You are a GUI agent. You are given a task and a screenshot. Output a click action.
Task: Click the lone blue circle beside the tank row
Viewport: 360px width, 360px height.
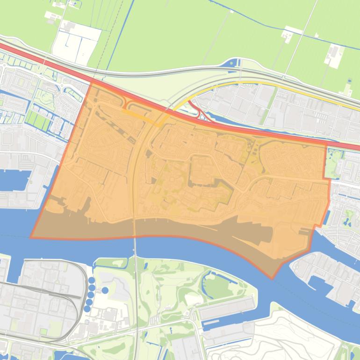105,290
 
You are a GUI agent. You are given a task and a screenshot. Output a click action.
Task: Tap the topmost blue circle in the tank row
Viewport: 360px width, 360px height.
92,281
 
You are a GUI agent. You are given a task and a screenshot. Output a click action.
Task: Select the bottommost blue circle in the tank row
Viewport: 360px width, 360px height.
87,309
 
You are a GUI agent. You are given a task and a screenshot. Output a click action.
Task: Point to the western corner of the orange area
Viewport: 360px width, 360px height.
31,237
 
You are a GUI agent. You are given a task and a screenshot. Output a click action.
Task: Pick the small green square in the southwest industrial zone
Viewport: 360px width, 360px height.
43,331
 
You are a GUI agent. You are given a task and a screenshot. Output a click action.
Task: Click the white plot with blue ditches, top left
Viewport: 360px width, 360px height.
77,42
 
